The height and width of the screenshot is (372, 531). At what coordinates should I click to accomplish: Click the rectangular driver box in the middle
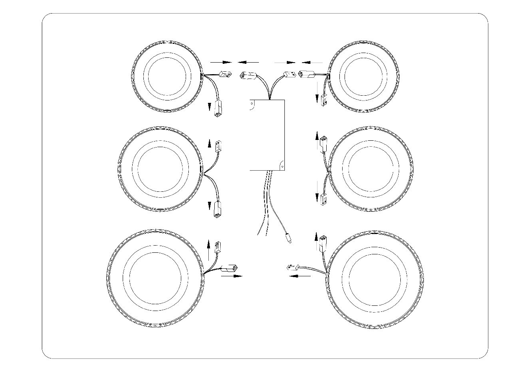267,134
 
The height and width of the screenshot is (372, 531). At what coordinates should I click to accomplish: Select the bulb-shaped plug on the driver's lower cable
288,240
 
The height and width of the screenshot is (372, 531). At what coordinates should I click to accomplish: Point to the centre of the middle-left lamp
160,169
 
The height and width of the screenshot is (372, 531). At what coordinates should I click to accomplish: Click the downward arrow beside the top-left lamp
210,106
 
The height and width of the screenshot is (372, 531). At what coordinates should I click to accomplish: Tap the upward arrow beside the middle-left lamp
210,144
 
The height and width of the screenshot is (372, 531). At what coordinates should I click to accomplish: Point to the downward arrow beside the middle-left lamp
210,205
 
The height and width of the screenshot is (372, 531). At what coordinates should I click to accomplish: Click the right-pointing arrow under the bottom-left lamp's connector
232,276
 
